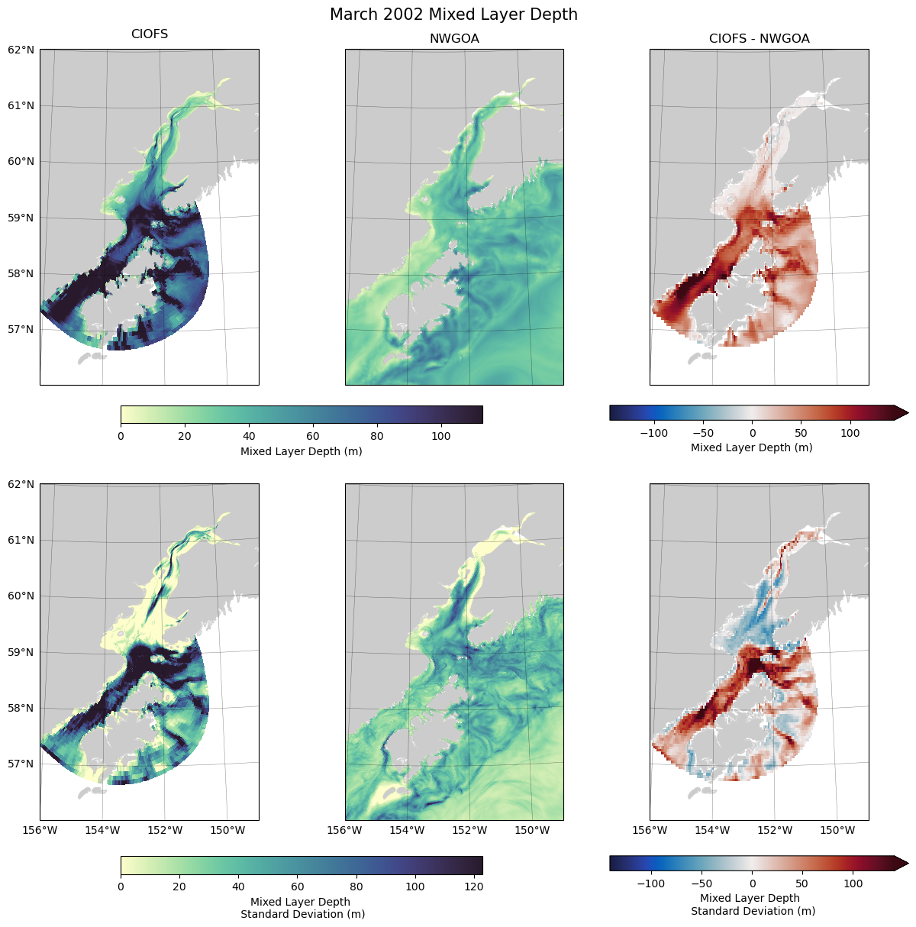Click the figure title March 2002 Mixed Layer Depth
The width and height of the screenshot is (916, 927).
453,15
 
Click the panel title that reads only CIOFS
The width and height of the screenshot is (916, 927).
150,34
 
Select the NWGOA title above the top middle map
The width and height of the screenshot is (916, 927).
454,39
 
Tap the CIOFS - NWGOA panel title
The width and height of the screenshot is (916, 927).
759,39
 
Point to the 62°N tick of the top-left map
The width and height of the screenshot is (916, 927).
21,50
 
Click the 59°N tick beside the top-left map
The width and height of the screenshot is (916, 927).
21,218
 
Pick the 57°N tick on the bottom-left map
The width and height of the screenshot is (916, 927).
21,764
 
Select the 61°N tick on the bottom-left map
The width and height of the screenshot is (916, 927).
21,540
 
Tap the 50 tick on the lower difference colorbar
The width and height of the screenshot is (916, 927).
801,883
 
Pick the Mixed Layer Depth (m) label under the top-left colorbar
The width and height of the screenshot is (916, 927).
301,451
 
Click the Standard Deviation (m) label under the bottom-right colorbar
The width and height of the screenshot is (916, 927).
753,911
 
